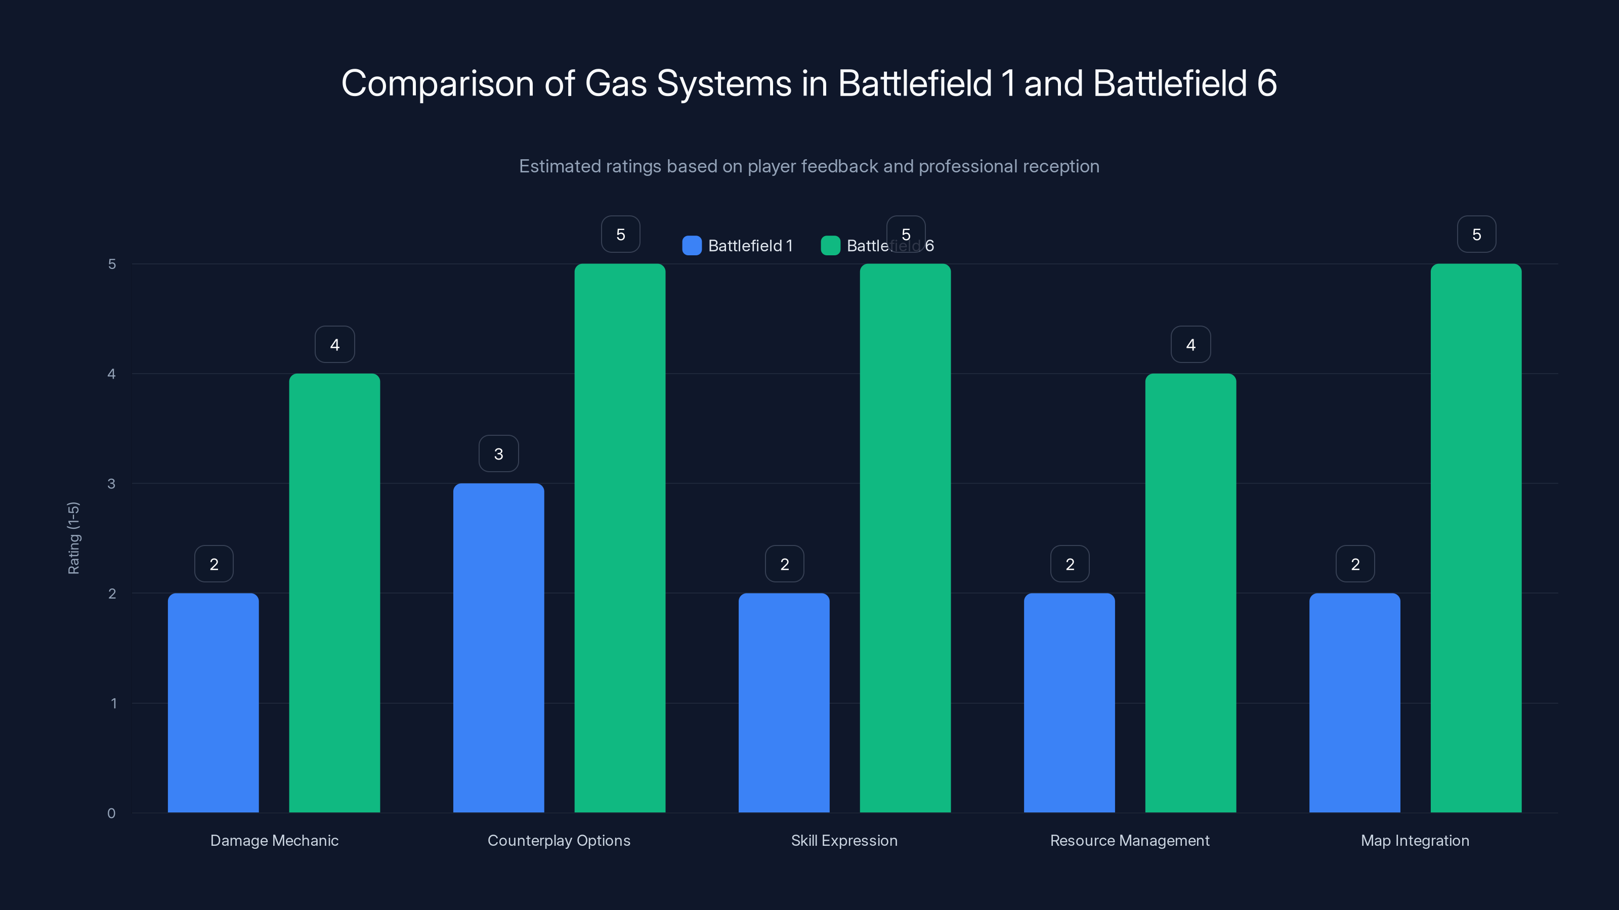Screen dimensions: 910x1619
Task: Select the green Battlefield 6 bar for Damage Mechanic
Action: [334, 593]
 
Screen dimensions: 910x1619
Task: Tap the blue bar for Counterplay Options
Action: [498, 648]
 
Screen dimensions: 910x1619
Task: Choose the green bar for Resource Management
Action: [1190, 593]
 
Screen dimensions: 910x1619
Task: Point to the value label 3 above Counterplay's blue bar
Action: [498, 453]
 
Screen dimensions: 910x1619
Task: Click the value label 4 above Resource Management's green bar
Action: [1190, 344]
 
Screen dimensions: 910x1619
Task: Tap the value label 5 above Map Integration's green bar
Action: [1476, 234]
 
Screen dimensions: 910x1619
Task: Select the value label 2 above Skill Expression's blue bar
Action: [784, 564]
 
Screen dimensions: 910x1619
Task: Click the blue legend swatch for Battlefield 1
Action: [691, 246]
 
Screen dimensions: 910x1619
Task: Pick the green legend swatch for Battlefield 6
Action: [830, 246]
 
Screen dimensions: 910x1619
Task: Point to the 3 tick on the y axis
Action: [111, 484]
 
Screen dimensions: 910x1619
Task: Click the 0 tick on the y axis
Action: [111, 813]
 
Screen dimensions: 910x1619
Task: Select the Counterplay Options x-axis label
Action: [559, 840]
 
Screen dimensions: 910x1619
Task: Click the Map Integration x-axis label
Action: [1415, 840]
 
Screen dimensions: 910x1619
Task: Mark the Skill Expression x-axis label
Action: [844, 840]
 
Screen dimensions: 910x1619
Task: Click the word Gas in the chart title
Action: [615, 83]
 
